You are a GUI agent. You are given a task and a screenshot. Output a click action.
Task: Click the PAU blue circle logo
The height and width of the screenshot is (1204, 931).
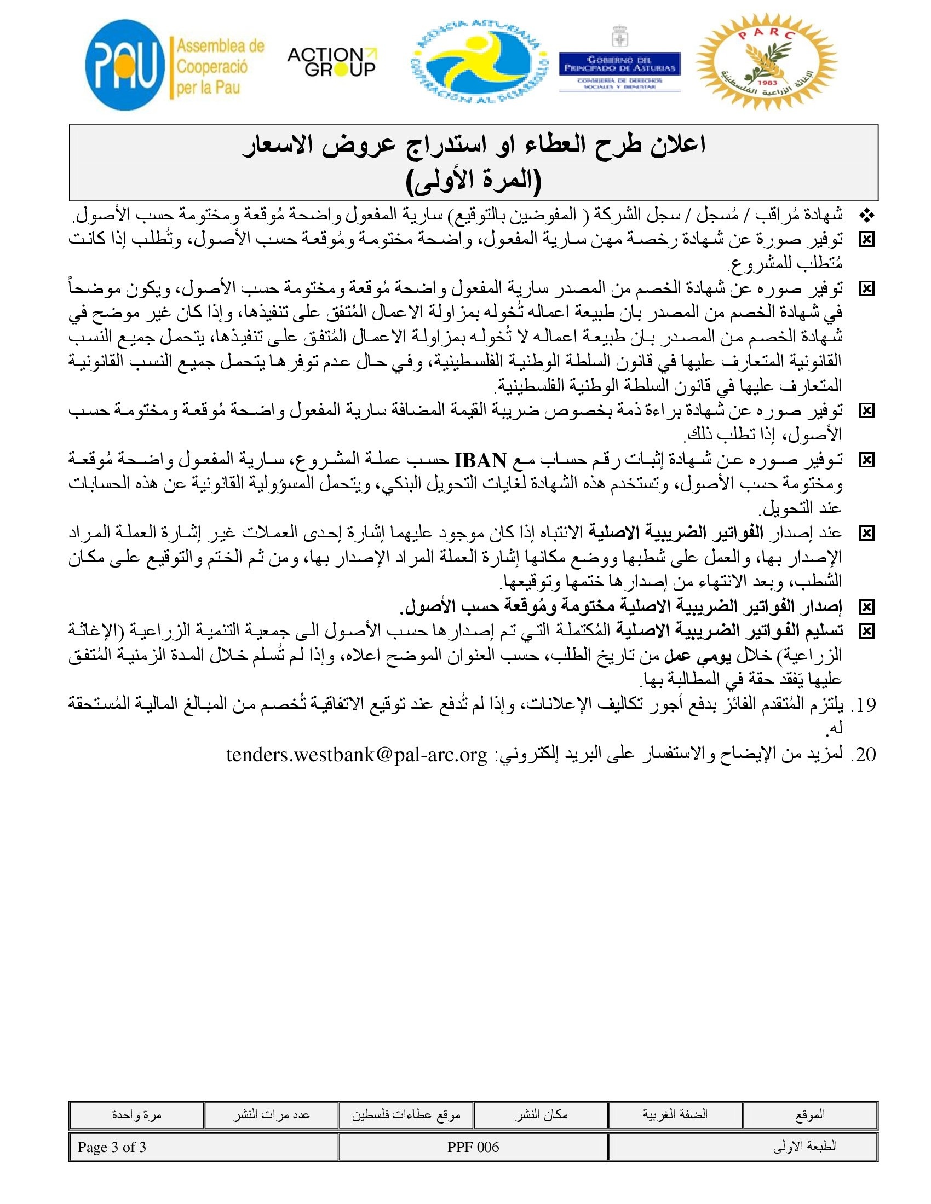tap(126, 65)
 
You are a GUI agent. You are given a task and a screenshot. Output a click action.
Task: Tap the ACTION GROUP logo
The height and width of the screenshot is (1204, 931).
tap(331, 62)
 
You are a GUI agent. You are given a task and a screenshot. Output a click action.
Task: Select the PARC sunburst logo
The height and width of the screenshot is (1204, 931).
tap(767, 62)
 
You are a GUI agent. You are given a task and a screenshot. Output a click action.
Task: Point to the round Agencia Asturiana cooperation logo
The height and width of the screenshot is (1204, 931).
tap(479, 62)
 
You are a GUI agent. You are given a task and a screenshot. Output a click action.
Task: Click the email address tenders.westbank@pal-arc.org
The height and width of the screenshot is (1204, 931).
tap(357, 755)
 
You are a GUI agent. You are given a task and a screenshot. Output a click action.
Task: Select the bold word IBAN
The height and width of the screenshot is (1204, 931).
tap(480, 460)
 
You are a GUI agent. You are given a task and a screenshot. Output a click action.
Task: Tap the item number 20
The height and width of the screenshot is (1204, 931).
tap(863, 755)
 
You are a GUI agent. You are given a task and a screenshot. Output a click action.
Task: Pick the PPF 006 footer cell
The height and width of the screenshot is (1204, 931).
tap(473, 1147)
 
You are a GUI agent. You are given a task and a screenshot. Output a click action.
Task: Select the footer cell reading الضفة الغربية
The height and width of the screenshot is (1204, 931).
tap(675, 1115)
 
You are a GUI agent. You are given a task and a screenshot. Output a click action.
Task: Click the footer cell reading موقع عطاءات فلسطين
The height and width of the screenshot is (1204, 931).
tap(406, 1115)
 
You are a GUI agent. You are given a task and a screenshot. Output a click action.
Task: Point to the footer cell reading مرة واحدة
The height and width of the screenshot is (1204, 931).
tap(136, 1115)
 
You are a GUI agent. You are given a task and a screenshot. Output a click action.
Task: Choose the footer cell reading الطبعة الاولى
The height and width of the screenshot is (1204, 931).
tap(743, 1147)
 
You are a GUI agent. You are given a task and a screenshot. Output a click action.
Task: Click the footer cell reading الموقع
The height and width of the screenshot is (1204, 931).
tap(809, 1115)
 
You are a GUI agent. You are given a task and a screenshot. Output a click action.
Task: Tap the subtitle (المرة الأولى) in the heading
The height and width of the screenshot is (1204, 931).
tap(474, 181)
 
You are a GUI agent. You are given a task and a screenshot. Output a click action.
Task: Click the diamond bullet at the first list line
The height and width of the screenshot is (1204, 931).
tap(867, 216)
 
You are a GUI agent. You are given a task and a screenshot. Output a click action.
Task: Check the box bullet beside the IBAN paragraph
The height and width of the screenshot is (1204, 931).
tap(867, 460)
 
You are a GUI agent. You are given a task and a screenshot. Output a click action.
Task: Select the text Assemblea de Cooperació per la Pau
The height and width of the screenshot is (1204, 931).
tap(220, 67)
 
